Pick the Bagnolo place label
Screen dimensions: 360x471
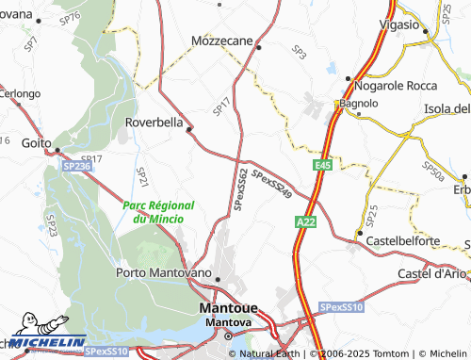click(x=358, y=103)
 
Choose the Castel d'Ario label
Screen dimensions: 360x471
click(x=432, y=273)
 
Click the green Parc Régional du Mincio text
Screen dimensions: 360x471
click(x=157, y=212)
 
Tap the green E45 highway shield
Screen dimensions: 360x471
click(x=323, y=165)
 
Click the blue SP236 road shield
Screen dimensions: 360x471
click(x=77, y=165)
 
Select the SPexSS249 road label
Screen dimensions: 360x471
click(x=272, y=183)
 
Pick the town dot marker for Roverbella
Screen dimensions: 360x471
click(x=189, y=129)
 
